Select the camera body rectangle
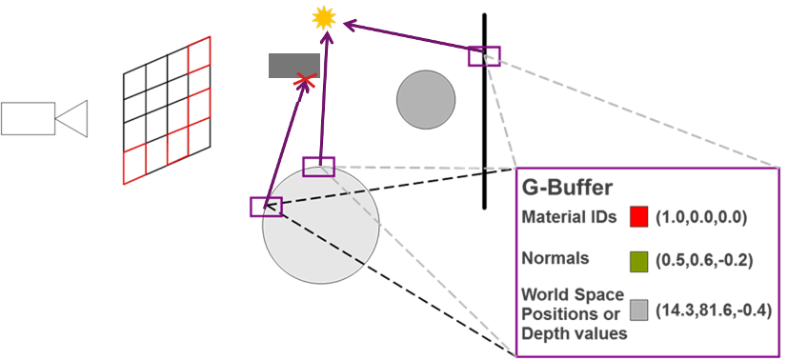(28, 118)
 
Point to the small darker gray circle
(426, 99)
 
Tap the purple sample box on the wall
(483, 55)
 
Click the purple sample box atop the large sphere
(318, 167)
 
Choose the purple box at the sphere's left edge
(266, 207)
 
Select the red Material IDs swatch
(639, 218)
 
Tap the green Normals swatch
(639, 258)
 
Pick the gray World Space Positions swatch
(639, 310)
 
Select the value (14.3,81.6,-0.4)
(714, 310)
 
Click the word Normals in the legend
(554, 258)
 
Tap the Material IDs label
(569, 218)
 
